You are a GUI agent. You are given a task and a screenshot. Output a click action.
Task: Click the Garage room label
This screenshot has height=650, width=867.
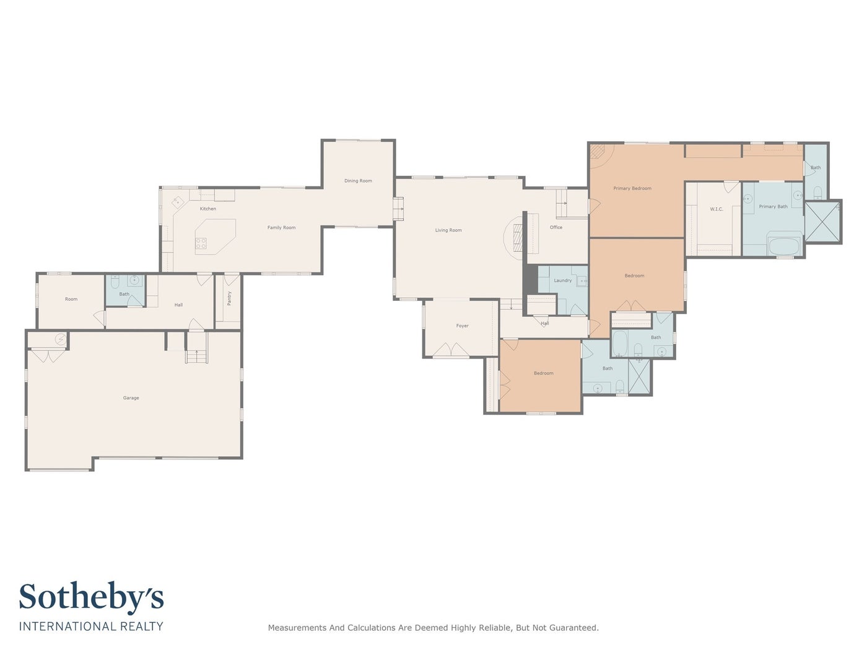(x=131, y=398)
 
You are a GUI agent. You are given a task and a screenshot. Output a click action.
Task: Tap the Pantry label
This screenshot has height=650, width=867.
(x=229, y=298)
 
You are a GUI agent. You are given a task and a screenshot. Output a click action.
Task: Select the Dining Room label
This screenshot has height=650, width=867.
(x=358, y=181)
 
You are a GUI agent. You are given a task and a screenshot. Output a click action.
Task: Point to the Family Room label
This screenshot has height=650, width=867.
(x=281, y=227)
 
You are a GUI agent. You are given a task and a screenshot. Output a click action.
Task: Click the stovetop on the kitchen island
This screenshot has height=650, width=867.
(x=201, y=243)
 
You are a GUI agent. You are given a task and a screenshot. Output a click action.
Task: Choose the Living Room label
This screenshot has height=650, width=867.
(x=448, y=230)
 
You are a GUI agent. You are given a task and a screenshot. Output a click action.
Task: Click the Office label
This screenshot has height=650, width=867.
(x=555, y=227)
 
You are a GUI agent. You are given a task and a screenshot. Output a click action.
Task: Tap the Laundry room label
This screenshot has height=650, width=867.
(x=562, y=280)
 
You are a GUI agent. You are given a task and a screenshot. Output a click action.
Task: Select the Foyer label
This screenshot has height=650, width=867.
(x=462, y=326)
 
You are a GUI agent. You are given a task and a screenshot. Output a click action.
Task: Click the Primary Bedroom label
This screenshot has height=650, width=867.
(x=632, y=188)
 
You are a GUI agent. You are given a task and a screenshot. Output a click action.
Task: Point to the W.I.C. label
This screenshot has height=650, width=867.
(x=716, y=209)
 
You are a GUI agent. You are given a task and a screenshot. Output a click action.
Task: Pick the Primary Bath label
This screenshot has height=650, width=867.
(x=773, y=206)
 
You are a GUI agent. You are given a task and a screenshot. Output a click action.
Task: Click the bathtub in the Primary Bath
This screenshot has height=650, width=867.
(x=784, y=246)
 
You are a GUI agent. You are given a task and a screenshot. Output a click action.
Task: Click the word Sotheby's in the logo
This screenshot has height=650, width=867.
(x=91, y=597)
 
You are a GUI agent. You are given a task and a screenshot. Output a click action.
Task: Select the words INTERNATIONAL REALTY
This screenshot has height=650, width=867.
(x=91, y=626)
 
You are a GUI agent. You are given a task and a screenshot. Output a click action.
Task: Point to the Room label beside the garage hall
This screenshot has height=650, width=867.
(x=71, y=299)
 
